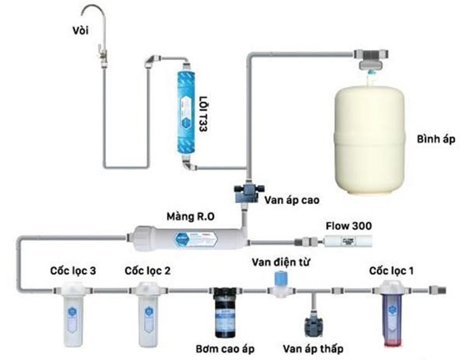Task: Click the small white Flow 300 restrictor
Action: click(x=339, y=240)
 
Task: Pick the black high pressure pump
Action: click(x=223, y=312)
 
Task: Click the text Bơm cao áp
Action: click(x=225, y=348)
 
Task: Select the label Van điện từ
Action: click(x=281, y=260)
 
